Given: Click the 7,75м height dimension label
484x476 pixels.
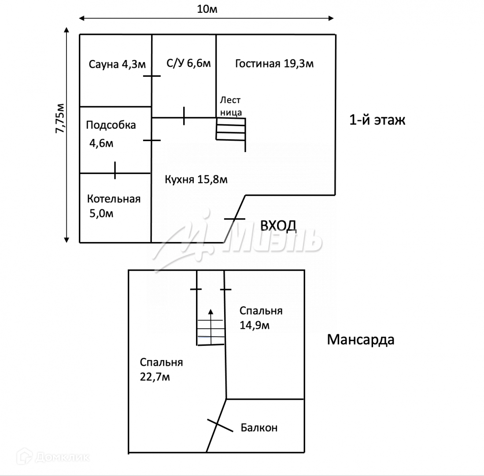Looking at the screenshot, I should pyautogui.click(x=61, y=118).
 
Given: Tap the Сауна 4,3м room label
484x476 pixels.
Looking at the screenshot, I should pyautogui.click(x=117, y=65).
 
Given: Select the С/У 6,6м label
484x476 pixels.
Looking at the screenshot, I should pyautogui.click(x=188, y=63).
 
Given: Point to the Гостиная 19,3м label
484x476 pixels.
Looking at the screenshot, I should pyautogui.click(x=274, y=63).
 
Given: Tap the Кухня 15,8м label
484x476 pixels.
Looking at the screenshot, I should pyautogui.click(x=196, y=179).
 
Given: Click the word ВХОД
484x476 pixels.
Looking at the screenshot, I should pyautogui.click(x=278, y=226).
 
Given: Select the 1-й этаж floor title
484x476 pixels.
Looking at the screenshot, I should pyautogui.click(x=377, y=120).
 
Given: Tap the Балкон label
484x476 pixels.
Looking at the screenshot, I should pyautogui.click(x=259, y=428).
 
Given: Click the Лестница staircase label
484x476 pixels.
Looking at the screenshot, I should pyautogui.click(x=230, y=106).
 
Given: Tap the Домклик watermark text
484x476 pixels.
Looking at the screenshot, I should pyautogui.click(x=61, y=457).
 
